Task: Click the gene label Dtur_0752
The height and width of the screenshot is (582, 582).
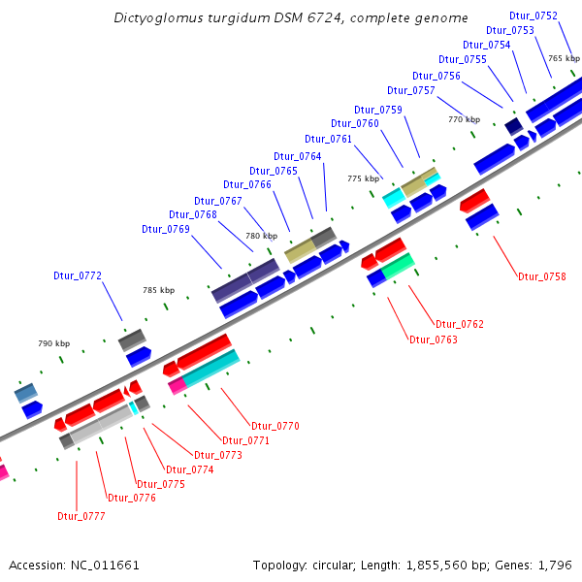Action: click(533, 16)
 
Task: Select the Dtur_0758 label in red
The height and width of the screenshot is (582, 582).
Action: click(541, 277)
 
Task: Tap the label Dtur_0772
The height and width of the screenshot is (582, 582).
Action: click(78, 276)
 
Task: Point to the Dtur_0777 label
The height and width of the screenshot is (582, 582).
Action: click(81, 517)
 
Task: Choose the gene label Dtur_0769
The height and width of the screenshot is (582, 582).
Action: click(166, 230)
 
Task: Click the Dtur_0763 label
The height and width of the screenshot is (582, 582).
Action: click(434, 340)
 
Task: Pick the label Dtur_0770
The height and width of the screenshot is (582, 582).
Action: click(275, 426)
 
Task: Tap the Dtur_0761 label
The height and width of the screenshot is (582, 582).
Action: click(328, 139)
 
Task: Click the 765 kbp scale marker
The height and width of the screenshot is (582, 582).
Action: click(564, 59)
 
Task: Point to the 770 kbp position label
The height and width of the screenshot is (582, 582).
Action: click(464, 119)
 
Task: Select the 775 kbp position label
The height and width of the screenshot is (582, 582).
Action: click(363, 178)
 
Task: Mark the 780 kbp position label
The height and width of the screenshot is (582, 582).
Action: click(261, 236)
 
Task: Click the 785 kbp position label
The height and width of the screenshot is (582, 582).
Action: click(159, 290)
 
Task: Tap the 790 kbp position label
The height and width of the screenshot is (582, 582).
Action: click(54, 343)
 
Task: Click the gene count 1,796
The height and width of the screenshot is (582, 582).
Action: click(558, 565)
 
